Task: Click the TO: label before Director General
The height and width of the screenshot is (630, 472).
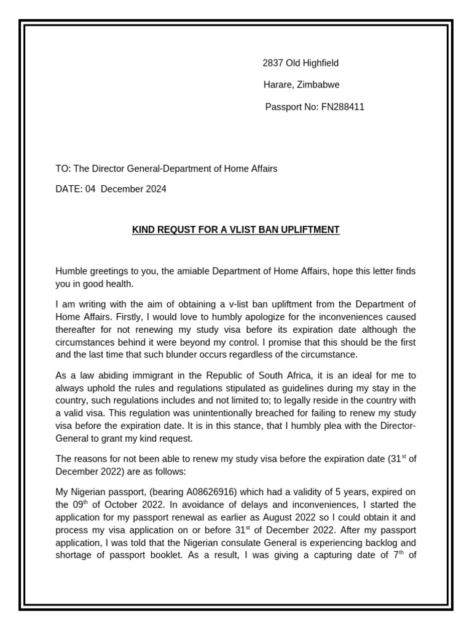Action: [63, 169]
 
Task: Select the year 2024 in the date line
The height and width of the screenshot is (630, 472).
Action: [155, 189]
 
